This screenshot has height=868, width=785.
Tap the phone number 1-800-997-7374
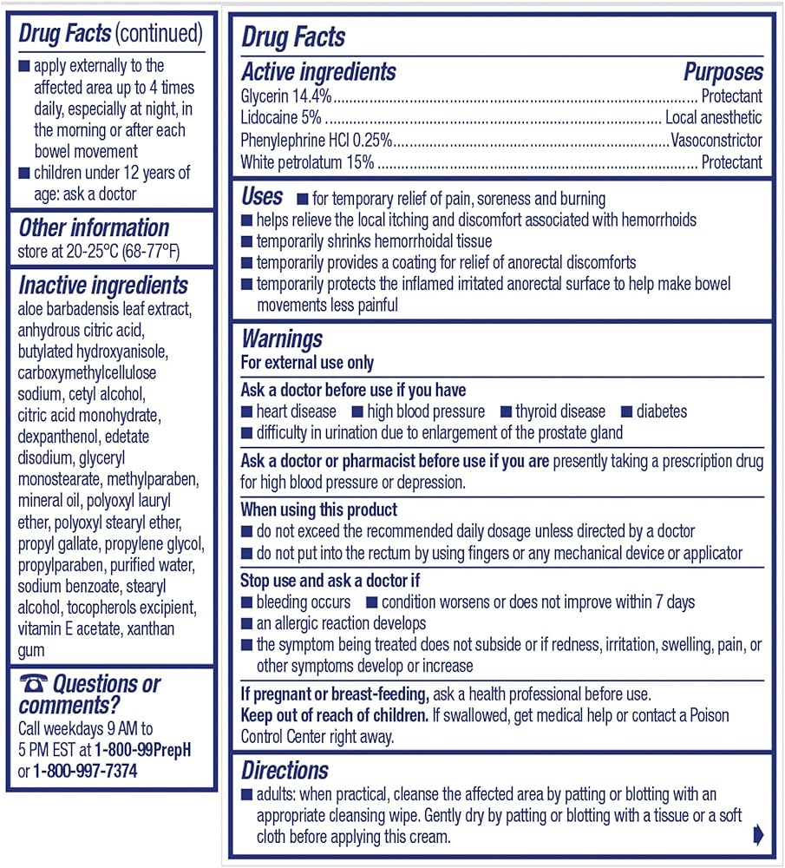coord(85,771)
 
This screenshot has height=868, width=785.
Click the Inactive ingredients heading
coord(103,285)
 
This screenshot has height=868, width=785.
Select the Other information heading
coord(94,228)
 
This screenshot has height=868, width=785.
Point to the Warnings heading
coord(282,339)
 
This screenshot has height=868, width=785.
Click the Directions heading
coord(285,770)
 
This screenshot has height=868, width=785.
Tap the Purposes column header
coord(723,72)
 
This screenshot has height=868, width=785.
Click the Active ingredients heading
coord(318,72)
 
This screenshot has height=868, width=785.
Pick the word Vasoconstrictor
coord(716,140)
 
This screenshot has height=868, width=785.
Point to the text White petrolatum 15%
coord(307,161)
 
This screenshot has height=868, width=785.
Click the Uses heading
coord(262,196)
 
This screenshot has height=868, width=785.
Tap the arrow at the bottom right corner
coord(757,834)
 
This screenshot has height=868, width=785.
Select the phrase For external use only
coord(307,363)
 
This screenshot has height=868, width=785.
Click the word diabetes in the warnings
coord(661,411)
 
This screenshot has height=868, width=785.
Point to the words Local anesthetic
coord(713,118)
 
